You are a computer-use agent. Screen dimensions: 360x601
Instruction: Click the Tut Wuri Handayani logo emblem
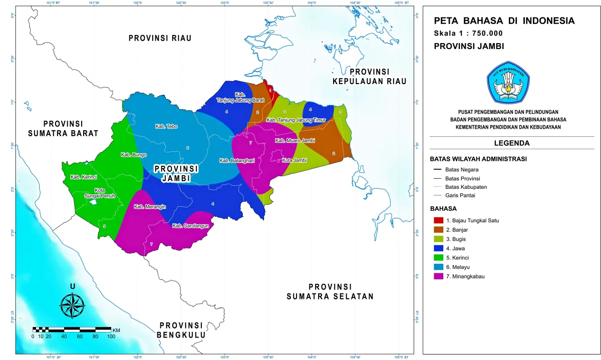tap(508, 82)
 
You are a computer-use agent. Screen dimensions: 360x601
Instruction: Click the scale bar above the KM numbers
tap(72, 329)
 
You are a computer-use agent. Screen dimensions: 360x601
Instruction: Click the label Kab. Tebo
tap(166, 127)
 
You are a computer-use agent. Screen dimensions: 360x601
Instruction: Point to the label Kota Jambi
tap(294, 160)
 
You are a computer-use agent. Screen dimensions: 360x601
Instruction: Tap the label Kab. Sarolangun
tap(190, 226)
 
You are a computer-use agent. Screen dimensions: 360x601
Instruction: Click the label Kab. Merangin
tap(150, 207)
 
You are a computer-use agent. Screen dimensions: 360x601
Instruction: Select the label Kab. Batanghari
tap(235, 161)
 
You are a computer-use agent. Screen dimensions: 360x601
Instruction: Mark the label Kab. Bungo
tap(133, 155)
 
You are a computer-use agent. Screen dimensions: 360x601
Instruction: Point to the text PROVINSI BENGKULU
tap(181, 330)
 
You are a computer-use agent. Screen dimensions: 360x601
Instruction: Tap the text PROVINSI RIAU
tap(160, 38)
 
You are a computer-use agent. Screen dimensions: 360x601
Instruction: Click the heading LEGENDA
tap(512, 143)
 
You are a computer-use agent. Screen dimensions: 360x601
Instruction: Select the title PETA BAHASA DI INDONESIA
tap(504, 21)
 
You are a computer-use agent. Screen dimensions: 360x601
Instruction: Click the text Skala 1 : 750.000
tap(468, 34)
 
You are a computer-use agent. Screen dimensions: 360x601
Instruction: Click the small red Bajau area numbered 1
tap(270, 90)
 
